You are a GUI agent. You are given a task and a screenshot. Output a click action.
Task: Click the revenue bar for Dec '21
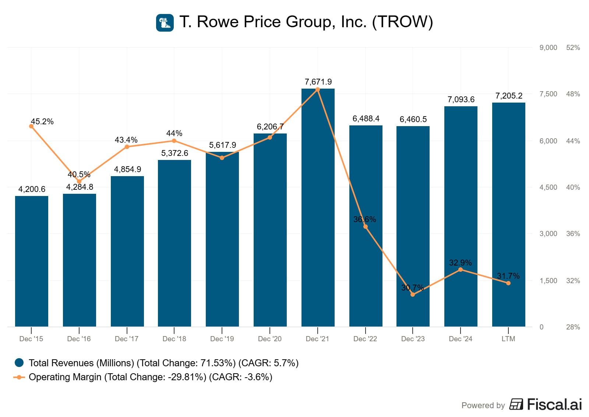[318, 208]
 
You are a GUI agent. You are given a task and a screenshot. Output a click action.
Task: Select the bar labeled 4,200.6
[32, 261]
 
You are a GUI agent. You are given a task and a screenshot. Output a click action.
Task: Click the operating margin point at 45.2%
[31, 126]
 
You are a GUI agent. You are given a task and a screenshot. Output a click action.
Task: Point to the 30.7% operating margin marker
[413, 295]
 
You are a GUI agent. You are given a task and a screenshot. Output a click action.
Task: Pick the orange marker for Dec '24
[461, 270]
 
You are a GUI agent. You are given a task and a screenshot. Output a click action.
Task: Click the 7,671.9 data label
[318, 82]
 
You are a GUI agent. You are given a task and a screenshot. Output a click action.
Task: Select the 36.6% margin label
[364, 220]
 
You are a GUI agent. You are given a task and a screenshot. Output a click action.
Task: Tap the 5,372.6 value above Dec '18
[174, 153]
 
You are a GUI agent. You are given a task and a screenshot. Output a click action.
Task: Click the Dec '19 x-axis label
[222, 339]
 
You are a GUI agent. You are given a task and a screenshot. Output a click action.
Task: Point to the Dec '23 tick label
[413, 339]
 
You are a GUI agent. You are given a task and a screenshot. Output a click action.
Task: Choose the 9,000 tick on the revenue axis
[548, 47]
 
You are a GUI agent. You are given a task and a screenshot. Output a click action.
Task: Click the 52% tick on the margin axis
[573, 47]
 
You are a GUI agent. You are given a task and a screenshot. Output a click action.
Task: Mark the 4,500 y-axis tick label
[548, 187]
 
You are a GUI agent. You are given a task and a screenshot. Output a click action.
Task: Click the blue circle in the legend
[19, 363]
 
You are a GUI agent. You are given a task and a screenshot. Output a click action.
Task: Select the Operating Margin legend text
[150, 377]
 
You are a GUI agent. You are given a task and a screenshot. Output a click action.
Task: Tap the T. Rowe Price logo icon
[165, 23]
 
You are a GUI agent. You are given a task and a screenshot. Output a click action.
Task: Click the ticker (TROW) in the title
[402, 22]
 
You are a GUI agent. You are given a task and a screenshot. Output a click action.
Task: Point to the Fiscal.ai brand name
[554, 404]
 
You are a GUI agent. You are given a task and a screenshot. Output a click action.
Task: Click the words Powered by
[483, 405]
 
